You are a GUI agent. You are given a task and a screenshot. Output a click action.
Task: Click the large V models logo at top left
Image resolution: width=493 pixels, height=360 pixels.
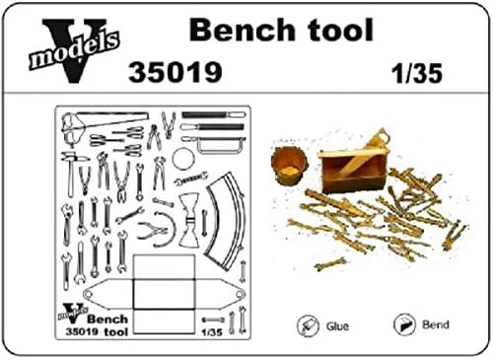[73, 49]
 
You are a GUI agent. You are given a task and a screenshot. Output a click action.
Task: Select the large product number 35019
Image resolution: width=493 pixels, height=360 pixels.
[176, 72]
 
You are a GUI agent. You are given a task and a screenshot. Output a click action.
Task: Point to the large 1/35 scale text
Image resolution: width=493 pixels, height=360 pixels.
[417, 73]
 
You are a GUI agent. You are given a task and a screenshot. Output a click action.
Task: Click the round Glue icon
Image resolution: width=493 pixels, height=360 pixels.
[308, 325]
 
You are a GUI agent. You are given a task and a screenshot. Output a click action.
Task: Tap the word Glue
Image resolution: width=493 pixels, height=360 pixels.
[337, 326]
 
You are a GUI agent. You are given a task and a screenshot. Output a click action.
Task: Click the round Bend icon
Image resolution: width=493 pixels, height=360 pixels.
[404, 324]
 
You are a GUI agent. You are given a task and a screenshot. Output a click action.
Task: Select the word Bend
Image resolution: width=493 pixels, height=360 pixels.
[436, 324]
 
